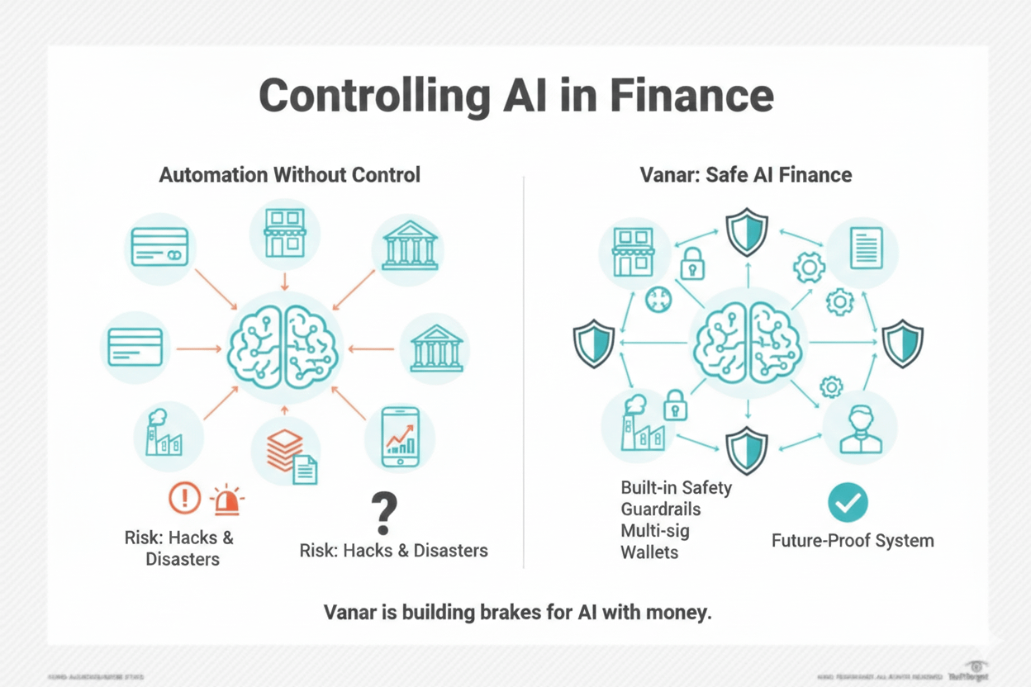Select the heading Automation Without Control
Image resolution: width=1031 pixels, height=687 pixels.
click(x=289, y=175)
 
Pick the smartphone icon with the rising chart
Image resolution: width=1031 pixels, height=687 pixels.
click(x=401, y=438)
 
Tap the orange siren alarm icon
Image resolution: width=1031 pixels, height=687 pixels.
click(x=226, y=500)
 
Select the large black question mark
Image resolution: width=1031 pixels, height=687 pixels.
click(x=382, y=512)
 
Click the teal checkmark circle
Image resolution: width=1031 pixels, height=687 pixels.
click(x=848, y=502)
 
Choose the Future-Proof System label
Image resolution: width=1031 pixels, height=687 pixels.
click(x=853, y=542)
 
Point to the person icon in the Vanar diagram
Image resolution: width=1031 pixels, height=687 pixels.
click(x=860, y=429)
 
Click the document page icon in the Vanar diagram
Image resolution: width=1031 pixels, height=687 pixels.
click(x=866, y=248)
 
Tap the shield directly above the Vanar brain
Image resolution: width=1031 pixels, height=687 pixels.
click(x=747, y=232)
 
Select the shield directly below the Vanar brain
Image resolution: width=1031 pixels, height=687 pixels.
click(x=747, y=451)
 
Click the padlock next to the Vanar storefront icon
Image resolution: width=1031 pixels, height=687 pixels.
click(x=691, y=263)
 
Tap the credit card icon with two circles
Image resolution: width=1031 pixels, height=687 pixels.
click(x=160, y=246)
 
